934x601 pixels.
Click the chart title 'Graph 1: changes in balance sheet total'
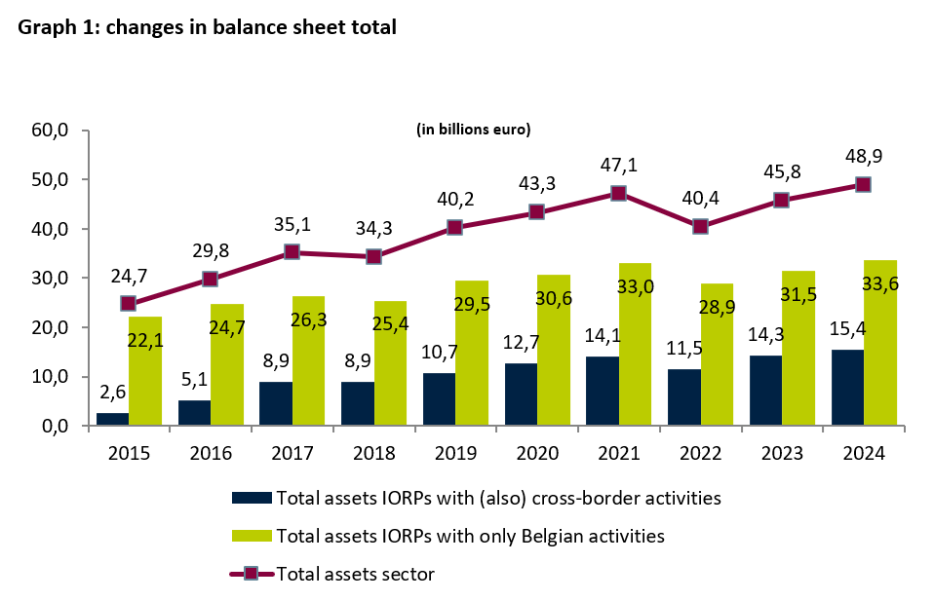click(x=207, y=27)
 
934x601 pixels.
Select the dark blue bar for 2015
click(x=112, y=419)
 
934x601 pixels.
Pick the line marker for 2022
click(x=700, y=226)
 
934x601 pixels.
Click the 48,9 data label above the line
click(x=863, y=157)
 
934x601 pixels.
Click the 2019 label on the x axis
click(x=454, y=453)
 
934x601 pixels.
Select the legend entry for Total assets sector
click(x=355, y=574)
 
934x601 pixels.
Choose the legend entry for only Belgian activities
click(x=470, y=536)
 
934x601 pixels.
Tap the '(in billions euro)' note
click(x=473, y=129)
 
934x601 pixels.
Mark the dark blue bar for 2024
click(x=846, y=388)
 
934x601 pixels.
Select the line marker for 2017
click(x=291, y=252)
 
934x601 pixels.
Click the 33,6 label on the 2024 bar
click(x=878, y=284)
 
